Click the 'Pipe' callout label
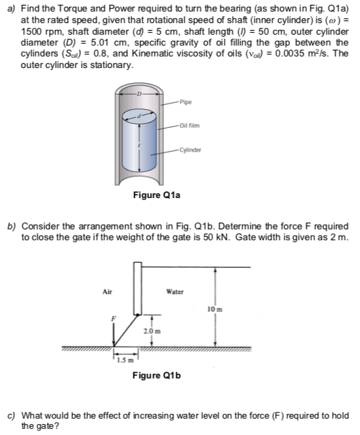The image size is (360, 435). pos(186,102)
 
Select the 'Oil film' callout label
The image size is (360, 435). pos(189,126)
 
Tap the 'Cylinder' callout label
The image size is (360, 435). pos(191,150)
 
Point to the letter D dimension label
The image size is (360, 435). pos(140,94)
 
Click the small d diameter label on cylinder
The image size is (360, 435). pos(139,116)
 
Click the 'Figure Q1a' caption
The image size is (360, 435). pos(157,195)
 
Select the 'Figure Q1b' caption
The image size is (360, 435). pos(157,375)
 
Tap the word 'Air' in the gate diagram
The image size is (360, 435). pos(108,291)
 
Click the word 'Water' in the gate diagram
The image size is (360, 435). pos(175,291)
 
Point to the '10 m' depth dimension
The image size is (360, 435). pos(215,309)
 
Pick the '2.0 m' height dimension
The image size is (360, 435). pos(152,332)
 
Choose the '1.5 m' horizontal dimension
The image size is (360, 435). pos(125,360)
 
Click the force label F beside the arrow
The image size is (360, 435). pos(113,319)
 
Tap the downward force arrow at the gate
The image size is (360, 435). pos(114,334)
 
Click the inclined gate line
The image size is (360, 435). pos(126,330)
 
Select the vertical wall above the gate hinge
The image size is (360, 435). pos(138,288)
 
